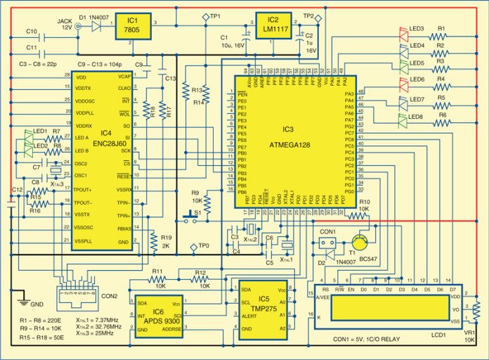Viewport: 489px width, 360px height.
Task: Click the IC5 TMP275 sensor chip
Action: (x=264, y=308)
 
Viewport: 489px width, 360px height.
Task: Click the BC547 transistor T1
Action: (x=360, y=243)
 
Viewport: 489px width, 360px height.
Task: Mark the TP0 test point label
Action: (x=202, y=245)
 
